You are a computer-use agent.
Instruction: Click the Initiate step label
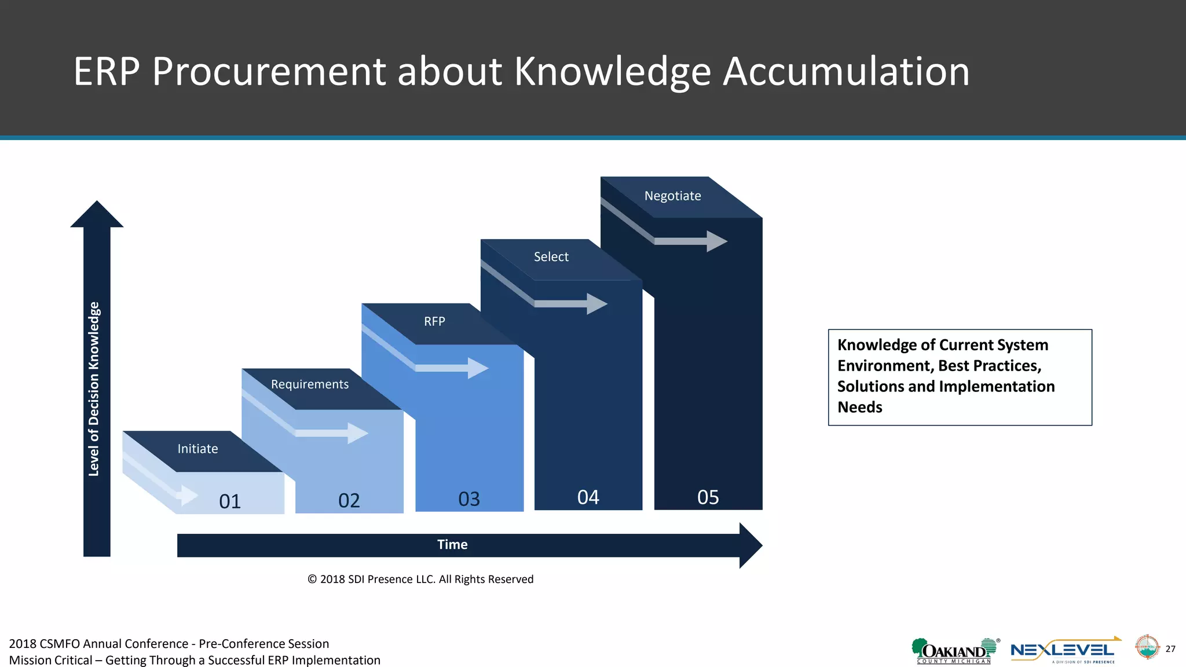(x=197, y=449)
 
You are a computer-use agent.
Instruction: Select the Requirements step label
(x=310, y=384)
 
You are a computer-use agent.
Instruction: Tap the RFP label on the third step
(x=434, y=321)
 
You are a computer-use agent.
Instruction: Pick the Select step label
(x=551, y=256)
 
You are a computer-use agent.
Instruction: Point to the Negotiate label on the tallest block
(x=672, y=196)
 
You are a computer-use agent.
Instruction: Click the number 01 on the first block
(x=230, y=501)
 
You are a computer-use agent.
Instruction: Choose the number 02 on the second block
(x=349, y=500)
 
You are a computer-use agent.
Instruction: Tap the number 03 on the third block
(x=469, y=499)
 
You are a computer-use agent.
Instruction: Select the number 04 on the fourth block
(x=588, y=497)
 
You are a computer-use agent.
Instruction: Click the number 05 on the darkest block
(x=708, y=497)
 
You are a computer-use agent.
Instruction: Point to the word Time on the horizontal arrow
(x=452, y=544)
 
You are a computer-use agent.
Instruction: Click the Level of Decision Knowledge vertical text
(x=94, y=389)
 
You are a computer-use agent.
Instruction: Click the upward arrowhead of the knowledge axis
(x=97, y=214)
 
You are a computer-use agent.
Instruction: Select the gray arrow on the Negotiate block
(x=689, y=241)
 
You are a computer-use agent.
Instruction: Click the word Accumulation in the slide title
(x=846, y=72)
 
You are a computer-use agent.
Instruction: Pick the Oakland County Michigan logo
(x=954, y=651)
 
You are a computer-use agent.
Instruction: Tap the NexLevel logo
(x=1063, y=651)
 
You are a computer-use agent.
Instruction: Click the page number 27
(x=1170, y=649)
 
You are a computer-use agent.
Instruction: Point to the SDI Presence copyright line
(x=420, y=579)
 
